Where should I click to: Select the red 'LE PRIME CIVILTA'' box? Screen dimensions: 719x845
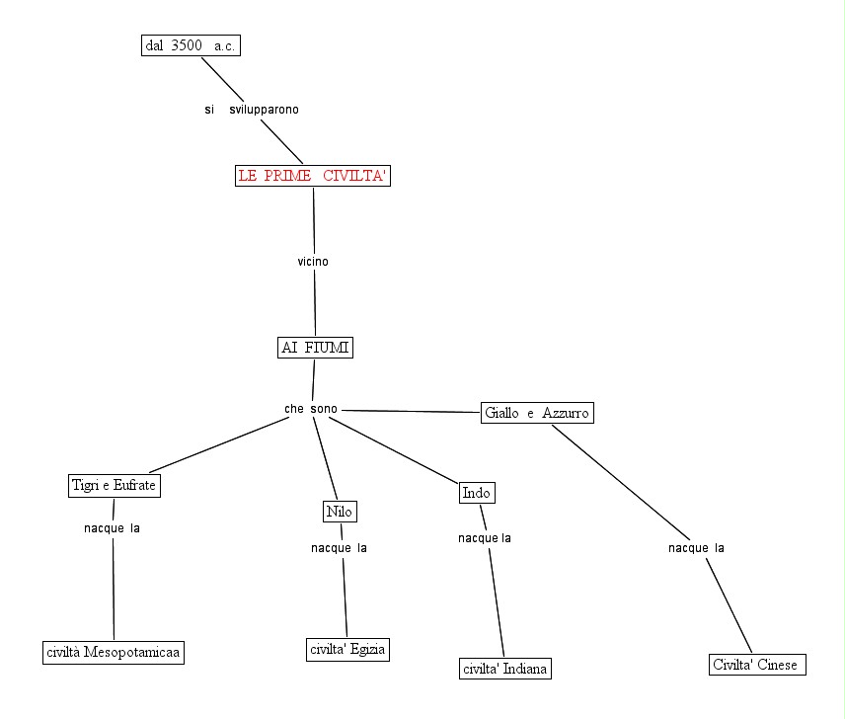point(314,176)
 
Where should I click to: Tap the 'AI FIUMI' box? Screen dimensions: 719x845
point(315,348)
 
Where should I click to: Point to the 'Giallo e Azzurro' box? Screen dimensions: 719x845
point(538,413)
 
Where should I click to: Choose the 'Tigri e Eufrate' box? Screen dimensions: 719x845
point(115,485)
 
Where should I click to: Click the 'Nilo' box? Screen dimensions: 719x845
point(339,511)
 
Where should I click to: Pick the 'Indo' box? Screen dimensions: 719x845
point(477,493)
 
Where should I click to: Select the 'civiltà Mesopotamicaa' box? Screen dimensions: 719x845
point(115,652)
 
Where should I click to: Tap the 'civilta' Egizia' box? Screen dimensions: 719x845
point(346,649)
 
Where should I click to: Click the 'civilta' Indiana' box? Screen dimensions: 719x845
point(504,670)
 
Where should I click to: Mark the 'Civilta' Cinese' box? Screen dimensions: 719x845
point(757,664)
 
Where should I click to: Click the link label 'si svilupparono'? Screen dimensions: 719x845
point(252,110)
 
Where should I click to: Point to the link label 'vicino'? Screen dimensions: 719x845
point(313,262)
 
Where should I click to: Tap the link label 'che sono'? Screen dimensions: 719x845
point(311,409)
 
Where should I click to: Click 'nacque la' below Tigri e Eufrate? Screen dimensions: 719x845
point(112,527)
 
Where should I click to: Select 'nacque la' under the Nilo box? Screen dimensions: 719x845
point(339,548)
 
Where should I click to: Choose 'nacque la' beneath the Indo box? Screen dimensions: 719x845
point(484,538)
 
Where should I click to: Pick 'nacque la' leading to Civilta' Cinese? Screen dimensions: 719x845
point(696,548)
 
